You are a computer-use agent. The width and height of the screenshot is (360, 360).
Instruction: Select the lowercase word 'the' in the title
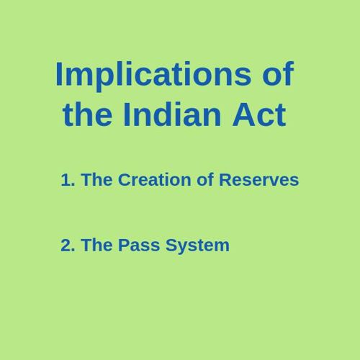[87, 114]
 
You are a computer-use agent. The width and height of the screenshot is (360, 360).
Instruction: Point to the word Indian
[172, 114]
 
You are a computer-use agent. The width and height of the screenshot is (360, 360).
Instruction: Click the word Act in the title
[259, 114]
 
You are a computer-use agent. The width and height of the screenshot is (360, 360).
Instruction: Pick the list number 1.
[68, 180]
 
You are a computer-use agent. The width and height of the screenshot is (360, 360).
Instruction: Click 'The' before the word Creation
[96, 179]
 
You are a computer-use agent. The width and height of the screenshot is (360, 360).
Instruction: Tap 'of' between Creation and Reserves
[205, 179]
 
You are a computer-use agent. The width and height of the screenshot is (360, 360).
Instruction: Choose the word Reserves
[259, 179]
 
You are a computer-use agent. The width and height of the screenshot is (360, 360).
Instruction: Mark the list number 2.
[68, 245]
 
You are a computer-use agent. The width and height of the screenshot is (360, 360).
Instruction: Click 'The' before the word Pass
[96, 245]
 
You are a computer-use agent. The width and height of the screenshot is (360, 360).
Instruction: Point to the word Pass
[139, 245]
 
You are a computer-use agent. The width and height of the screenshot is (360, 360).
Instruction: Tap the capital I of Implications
[59, 73]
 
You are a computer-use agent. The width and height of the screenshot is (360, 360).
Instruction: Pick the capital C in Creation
[125, 179]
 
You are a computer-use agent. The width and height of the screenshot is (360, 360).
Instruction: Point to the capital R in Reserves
[225, 179]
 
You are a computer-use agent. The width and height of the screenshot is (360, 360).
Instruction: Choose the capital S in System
[171, 245]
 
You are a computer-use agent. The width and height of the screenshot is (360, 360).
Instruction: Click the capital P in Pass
[124, 245]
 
